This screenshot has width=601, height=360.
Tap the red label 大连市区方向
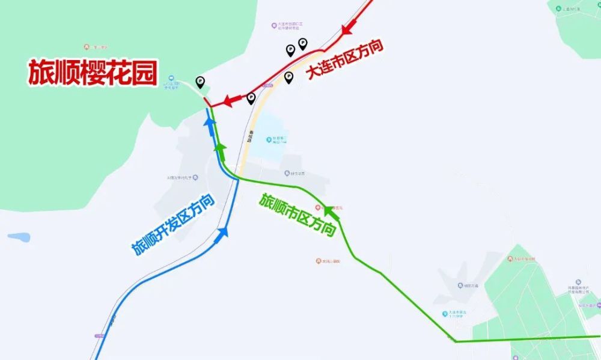[x=344, y=60]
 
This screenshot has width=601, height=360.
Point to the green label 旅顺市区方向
[x=297, y=215]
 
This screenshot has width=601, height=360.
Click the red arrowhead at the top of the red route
[x=349, y=28]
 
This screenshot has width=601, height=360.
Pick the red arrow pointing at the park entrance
[x=230, y=101]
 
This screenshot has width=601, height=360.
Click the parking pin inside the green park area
[x=200, y=82]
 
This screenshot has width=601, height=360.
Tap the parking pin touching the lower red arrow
[x=251, y=98]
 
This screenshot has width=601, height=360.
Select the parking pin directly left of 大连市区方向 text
[x=288, y=77]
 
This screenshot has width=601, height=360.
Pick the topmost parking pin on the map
[x=302, y=43]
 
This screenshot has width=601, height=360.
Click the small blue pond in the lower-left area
[x=19, y=237]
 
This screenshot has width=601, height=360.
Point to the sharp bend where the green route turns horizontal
[x=456, y=341]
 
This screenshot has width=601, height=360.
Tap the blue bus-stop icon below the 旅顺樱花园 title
[x=171, y=79]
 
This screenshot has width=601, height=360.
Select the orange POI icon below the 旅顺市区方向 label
[x=318, y=261]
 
